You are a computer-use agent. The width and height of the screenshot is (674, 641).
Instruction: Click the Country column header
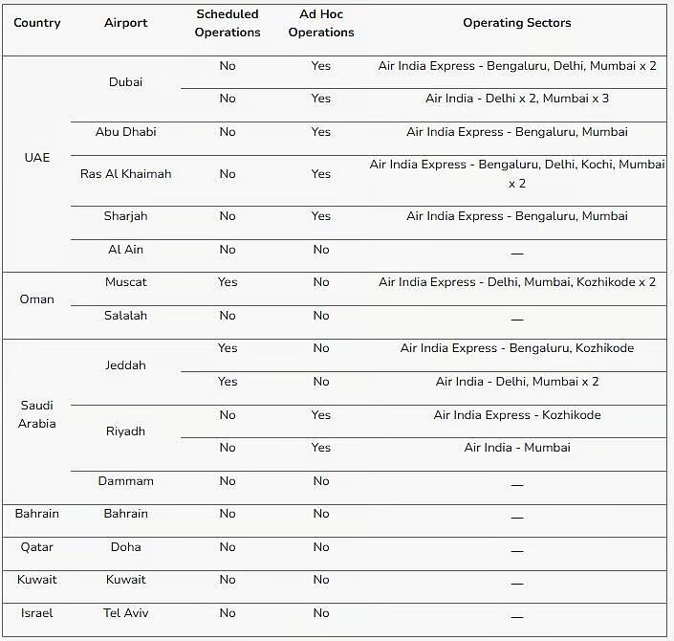click(x=36, y=23)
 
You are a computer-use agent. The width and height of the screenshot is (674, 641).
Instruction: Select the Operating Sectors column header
click(x=517, y=23)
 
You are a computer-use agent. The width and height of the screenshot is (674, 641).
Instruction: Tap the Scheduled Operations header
click(x=227, y=23)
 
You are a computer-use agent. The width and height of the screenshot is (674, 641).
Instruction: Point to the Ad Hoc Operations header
click(x=321, y=23)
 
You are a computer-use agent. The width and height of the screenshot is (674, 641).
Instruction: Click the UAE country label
click(x=36, y=157)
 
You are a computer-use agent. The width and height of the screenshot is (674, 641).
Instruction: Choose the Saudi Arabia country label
click(x=36, y=414)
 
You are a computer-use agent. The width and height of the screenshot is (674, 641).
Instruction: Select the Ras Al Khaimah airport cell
click(x=125, y=174)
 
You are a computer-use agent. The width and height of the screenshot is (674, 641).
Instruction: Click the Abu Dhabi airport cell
click(x=125, y=132)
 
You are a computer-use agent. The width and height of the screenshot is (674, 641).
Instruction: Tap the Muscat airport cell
click(x=125, y=282)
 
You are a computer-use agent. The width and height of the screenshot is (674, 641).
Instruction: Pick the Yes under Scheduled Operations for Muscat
click(x=227, y=282)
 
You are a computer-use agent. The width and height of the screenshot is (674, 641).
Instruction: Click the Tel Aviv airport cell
click(x=125, y=612)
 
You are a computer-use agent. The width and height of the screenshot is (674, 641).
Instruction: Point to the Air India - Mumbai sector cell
click(x=517, y=448)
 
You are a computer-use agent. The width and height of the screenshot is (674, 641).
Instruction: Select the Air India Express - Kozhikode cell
click(x=517, y=415)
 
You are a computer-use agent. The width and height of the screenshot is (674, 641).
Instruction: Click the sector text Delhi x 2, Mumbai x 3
click(x=517, y=99)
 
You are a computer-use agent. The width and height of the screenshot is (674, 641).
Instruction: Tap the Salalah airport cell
click(x=125, y=316)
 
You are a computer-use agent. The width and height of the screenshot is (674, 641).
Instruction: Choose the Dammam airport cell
click(x=125, y=481)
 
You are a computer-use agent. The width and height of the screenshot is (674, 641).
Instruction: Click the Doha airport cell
click(x=125, y=547)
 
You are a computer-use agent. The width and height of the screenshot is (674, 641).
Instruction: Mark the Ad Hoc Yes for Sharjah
click(x=321, y=216)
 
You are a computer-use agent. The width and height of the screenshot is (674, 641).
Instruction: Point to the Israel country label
click(x=36, y=612)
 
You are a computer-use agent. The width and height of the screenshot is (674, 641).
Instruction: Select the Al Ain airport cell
click(x=125, y=250)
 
